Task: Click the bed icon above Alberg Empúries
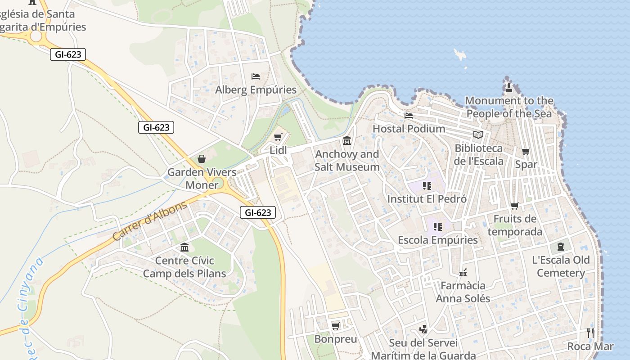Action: pyautogui.click(x=256, y=76)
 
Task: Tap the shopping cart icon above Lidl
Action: pyautogui.click(x=278, y=137)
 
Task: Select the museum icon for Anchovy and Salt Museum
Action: pyautogui.click(x=347, y=141)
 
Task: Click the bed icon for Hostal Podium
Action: pyautogui.click(x=409, y=116)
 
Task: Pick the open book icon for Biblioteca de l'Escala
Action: pyautogui.click(x=478, y=135)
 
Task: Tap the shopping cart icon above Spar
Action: pyautogui.click(x=526, y=151)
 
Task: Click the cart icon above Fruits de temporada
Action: pyautogui.click(x=514, y=206)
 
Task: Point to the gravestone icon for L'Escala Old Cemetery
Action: pyautogui.click(x=560, y=247)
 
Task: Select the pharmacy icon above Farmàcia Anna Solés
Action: pyautogui.click(x=463, y=272)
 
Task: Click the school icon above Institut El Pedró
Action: pyautogui.click(x=427, y=185)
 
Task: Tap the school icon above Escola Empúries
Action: pyautogui.click(x=437, y=226)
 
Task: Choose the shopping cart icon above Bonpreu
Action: pyautogui.click(x=335, y=326)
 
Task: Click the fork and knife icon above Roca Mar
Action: pyautogui.click(x=590, y=333)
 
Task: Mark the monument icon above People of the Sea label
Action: pyautogui.click(x=509, y=87)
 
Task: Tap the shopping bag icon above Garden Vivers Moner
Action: pyautogui.click(x=201, y=159)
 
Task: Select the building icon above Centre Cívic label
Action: pyautogui.click(x=184, y=247)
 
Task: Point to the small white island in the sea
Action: pyautogui.click(x=460, y=55)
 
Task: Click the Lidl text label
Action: pyautogui.click(x=278, y=150)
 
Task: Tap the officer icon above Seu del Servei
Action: pyautogui.click(x=423, y=329)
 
